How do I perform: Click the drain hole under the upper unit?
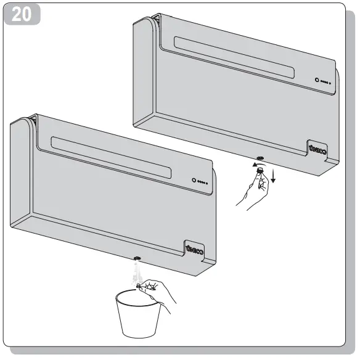pos(258,159)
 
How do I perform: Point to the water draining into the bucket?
pos(136,272)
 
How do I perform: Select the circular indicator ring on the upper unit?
pos(317,81)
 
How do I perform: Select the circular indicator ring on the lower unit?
pos(194,181)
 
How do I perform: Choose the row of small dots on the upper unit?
pos(326,83)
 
